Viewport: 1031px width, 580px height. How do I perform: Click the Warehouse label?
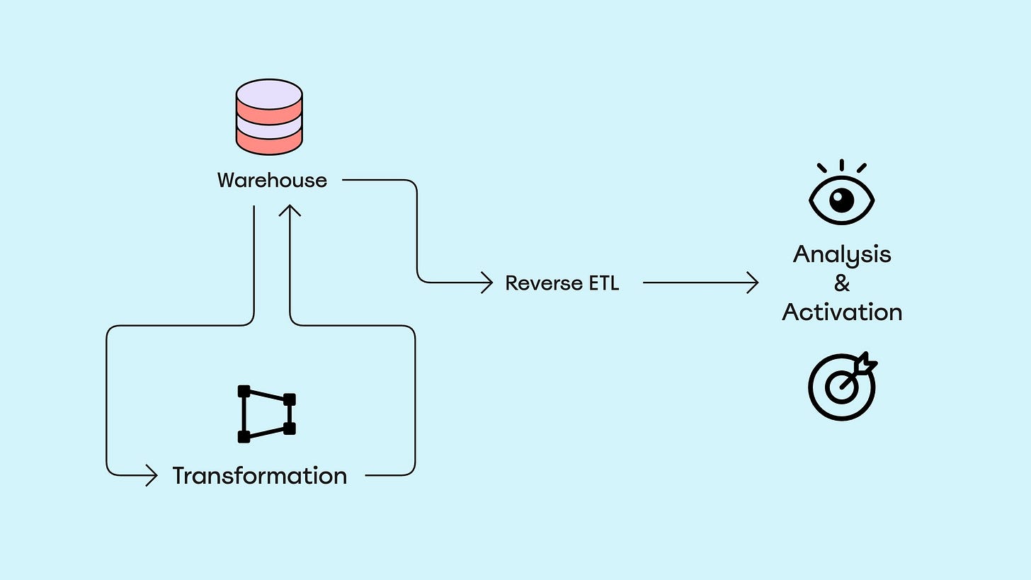coord(272,180)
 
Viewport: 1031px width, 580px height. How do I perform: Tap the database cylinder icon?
coord(269,117)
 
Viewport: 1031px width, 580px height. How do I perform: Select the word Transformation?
coord(260,475)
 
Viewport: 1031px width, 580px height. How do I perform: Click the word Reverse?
coord(544,283)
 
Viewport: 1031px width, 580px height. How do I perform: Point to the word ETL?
coord(604,283)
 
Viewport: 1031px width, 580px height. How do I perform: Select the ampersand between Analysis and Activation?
coord(842,283)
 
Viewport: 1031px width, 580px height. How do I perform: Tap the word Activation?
coord(842,312)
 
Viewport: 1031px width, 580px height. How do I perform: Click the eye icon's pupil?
coord(842,200)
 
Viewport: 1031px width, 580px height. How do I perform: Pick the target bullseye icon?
coord(842,387)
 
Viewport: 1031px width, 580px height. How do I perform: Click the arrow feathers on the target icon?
coord(865,364)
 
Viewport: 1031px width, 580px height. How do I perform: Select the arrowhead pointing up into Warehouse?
coord(290,210)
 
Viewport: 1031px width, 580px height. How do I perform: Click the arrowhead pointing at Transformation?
coord(152,475)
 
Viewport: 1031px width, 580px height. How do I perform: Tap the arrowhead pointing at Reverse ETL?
coord(487,282)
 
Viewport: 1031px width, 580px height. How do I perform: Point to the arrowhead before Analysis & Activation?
coord(753,282)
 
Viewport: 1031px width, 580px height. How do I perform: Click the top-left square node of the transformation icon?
coord(244,392)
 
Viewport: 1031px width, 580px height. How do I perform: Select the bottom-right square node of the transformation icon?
coord(290,429)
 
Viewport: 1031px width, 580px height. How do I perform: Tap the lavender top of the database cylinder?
coord(269,94)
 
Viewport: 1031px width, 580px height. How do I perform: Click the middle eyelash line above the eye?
coord(842,165)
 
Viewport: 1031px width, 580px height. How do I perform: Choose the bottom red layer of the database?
coord(269,142)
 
